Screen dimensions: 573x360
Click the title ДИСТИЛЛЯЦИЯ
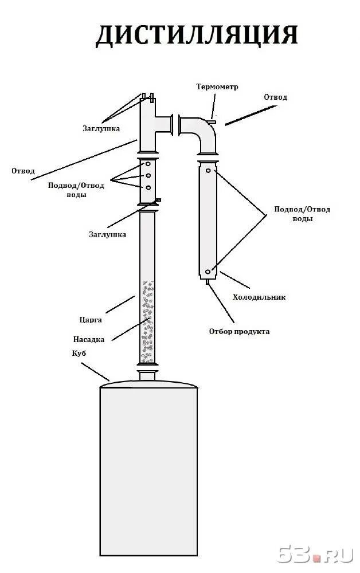196,36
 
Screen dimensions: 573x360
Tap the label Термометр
217,87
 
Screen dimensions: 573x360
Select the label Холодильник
259,297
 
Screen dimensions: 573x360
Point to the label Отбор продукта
239,332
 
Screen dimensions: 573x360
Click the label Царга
91,319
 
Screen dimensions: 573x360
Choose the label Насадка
89,339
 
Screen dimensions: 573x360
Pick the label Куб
79,355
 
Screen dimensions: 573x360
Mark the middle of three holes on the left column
148,175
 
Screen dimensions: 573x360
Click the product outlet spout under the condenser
208,281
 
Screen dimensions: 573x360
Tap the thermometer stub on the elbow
212,121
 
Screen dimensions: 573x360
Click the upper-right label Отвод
275,97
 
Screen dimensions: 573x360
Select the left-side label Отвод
23,171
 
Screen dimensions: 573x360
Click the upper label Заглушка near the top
101,128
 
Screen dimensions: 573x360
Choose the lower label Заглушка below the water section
107,234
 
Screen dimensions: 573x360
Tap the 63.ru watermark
314,554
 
